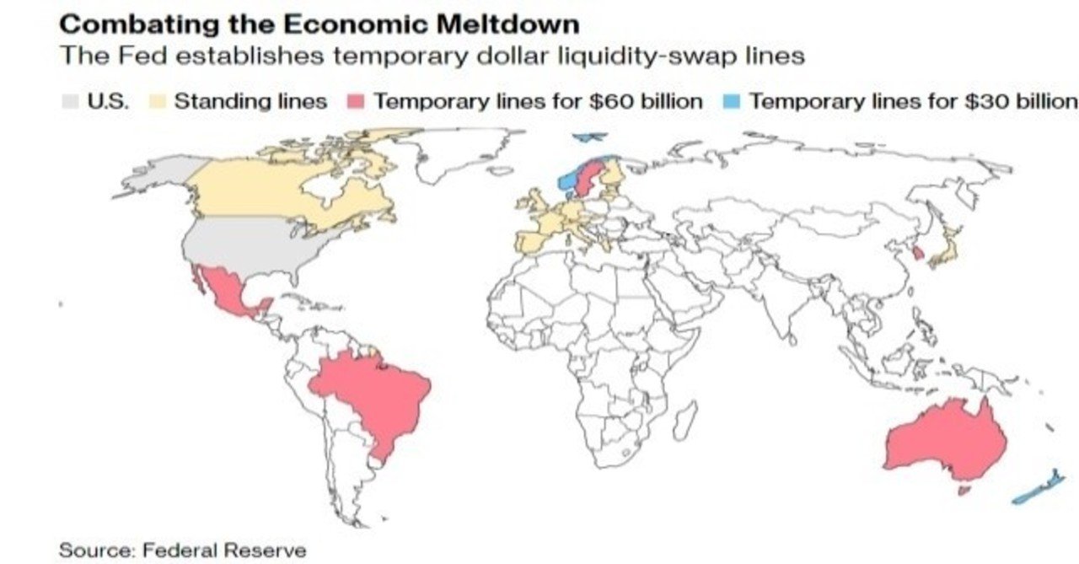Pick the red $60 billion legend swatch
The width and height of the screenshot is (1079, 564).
click(x=356, y=102)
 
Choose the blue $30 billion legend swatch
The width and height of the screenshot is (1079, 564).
click(x=732, y=102)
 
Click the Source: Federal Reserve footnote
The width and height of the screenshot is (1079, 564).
click(x=182, y=551)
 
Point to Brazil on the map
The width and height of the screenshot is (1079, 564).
click(x=371, y=396)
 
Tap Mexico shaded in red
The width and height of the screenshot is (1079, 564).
click(x=223, y=291)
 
